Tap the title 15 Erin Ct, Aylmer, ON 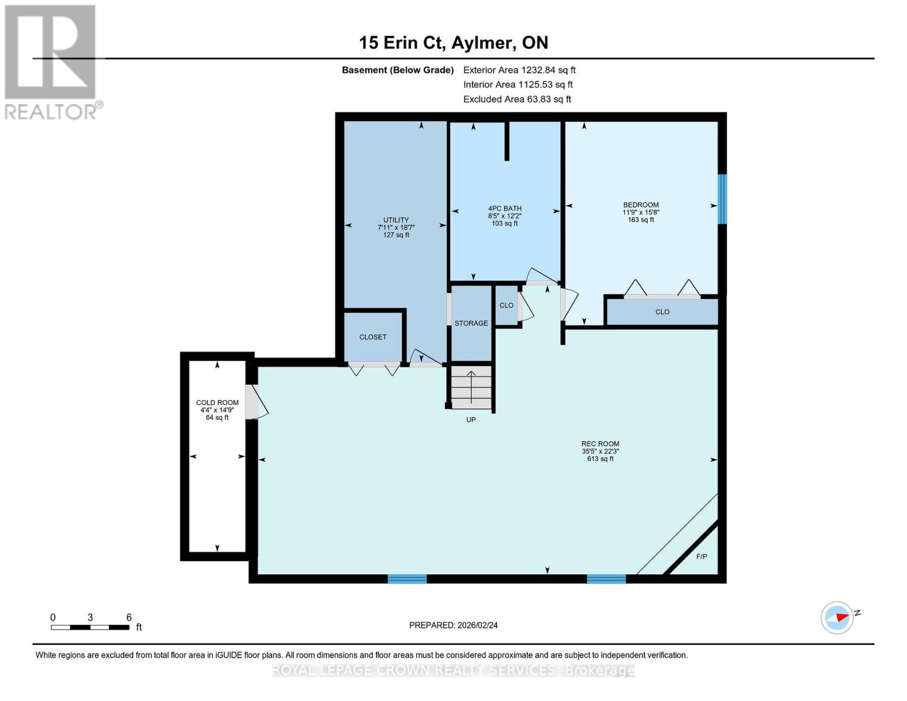click(x=453, y=43)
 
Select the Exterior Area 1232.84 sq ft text click(x=519, y=70)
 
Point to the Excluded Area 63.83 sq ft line click(x=517, y=99)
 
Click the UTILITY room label click(x=396, y=220)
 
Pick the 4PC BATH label click(x=505, y=209)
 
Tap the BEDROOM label click(x=641, y=205)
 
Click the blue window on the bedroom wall click(x=722, y=199)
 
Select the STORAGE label click(x=471, y=323)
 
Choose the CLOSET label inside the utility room click(x=373, y=337)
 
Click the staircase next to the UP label click(x=471, y=387)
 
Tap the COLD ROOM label click(x=217, y=402)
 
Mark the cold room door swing click(x=257, y=402)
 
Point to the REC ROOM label click(x=600, y=444)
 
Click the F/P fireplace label click(x=701, y=557)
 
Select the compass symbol click(x=836, y=618)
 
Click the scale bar click(x=90, y=627)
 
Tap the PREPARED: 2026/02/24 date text click(x=453, y=625)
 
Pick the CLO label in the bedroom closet click(x=662, y=312)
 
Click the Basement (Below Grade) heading click(x=397, y=70)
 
